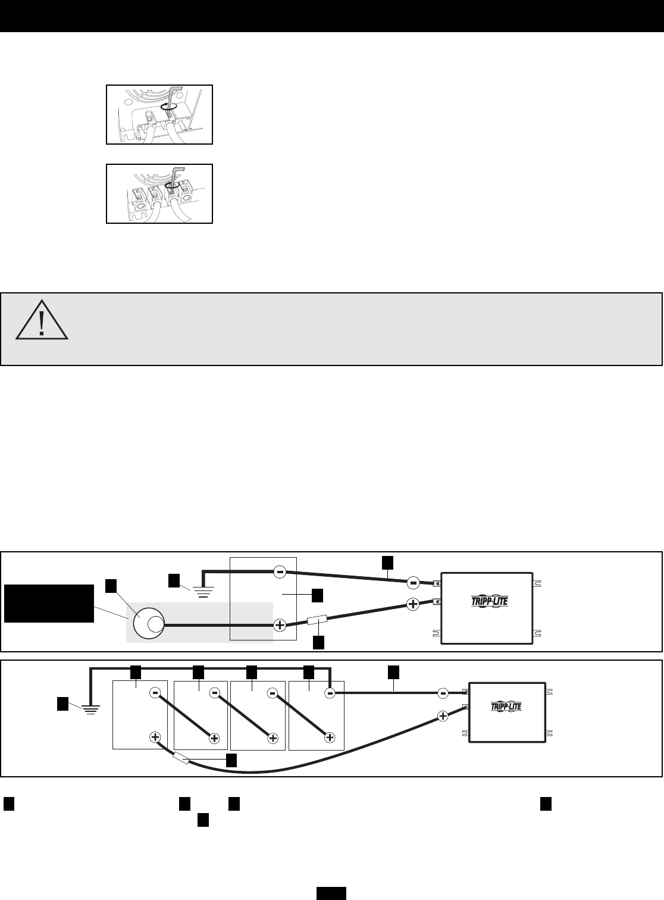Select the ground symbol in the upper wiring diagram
click(202, 590)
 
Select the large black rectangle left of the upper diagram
click(49, 603)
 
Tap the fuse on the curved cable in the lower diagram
click(181, 760)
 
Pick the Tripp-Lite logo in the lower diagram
click(507, 706)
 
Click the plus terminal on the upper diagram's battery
click(280, 626)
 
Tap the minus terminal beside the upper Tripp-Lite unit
click(412, 582)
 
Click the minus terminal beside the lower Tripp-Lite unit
click(443, 693)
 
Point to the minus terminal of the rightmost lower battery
click(330, 693)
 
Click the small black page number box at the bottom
click(331, 893)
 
